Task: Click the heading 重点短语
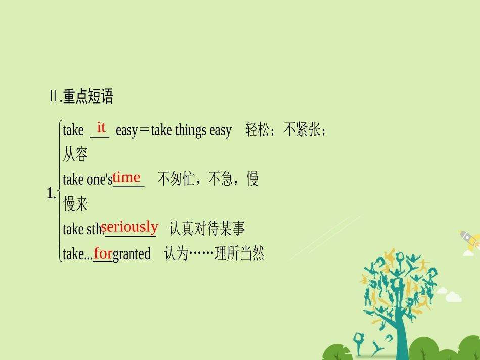[88, 96]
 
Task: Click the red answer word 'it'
[101, 127]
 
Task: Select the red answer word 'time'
[126, 177]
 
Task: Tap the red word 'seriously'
[129, 227]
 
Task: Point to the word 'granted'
[131, 253]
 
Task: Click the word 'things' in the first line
[191, 130]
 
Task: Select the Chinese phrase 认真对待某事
[207, 229]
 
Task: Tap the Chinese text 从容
[75, 155]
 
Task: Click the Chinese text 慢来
[75, 204]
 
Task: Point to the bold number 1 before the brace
[50, 193]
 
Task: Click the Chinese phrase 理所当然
[239, 253]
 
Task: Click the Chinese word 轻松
[257, 130]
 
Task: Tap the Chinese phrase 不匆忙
[176, 179]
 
